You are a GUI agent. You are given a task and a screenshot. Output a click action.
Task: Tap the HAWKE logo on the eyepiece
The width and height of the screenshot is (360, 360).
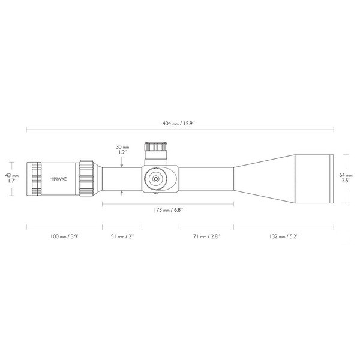pyautogui.click(x=59, y=179)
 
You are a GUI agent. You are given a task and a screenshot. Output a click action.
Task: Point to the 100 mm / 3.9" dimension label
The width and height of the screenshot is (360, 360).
pyautogui.click(x=64, y=237)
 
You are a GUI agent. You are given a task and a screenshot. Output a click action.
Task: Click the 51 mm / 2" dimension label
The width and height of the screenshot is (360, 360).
pyautogui.click(x=123, y=237)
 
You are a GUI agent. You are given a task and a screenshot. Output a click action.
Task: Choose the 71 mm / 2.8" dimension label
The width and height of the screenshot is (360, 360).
pyautogui.click(x=206, y=237)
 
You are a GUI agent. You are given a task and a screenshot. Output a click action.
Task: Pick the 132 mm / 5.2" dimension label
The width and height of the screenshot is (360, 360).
pyautogui.click(x=283, y=237)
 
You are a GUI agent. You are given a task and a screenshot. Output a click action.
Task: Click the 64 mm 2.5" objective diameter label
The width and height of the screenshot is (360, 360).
pyautogui.click(x=346, y=178)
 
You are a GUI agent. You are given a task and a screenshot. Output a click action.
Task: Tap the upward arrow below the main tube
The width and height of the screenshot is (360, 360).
pyautogui.click(x=122, y=192)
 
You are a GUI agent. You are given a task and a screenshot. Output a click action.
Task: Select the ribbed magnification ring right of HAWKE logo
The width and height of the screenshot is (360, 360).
pyautogui.click(x=85, y=178)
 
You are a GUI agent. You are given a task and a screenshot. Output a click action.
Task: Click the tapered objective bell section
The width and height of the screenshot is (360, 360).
pyautogui.click(x=264, y=178)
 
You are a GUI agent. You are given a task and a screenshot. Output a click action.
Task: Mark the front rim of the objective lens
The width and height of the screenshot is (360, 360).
pyautogui.click(x=331, y=178)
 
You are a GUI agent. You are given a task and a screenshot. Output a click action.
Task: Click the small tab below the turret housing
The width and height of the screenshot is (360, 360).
pyautogui.click(x=156, y=193)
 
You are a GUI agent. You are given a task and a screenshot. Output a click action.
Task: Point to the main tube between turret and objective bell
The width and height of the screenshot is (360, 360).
pyautogui.click(x=204, y=178)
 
